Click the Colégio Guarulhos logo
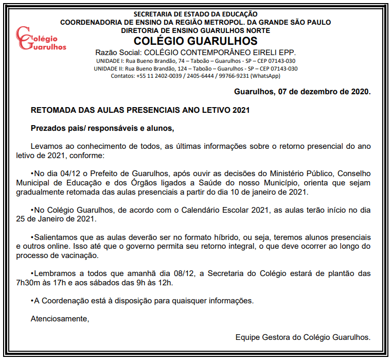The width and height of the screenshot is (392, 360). tap(41, 39)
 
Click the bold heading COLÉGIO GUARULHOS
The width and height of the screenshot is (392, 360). tap(195, 41)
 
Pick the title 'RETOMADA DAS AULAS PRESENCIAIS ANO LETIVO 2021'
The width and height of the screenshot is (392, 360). tap(140, 110)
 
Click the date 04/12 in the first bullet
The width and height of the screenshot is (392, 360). tap(69, 174)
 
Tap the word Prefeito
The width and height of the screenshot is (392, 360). tap(103, 174)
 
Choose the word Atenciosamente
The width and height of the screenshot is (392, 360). tap(60, 319)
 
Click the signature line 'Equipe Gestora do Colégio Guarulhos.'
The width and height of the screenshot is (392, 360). tap(302, 337)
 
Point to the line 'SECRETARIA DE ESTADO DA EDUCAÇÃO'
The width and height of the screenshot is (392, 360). tap(195, 14)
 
